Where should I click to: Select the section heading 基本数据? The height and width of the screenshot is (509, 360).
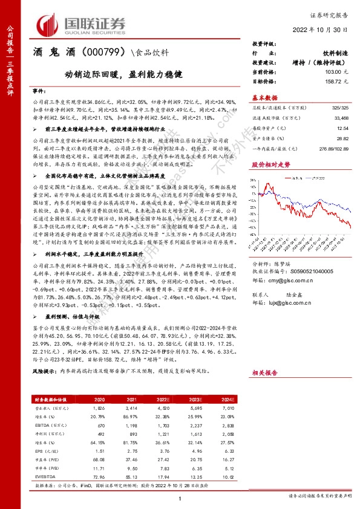pyautogui.click(x=265, y=97)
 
